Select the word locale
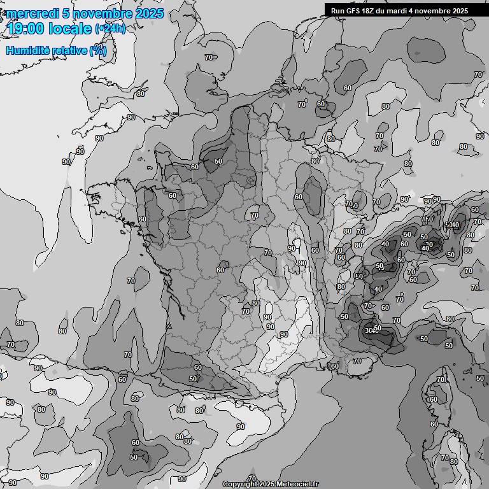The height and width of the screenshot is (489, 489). (71, 29)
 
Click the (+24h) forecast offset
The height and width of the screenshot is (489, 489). (110, 29)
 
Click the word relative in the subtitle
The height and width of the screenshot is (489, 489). (69, 50)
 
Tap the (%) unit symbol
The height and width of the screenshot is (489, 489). (98, 50)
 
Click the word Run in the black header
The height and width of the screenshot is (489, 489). (337, 10)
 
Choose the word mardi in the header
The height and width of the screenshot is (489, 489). (401, 10)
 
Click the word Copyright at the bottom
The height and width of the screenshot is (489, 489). (240, 485)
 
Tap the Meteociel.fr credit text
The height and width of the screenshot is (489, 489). (298, 485)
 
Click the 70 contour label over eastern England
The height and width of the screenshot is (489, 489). (209, 58)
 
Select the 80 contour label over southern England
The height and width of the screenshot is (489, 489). (141, 94)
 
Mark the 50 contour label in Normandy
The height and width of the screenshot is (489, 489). (218, 161)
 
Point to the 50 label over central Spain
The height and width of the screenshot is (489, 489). (134, 457)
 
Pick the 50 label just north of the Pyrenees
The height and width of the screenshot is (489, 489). (193, 379)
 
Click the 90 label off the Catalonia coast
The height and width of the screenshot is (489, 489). (241, 427)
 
